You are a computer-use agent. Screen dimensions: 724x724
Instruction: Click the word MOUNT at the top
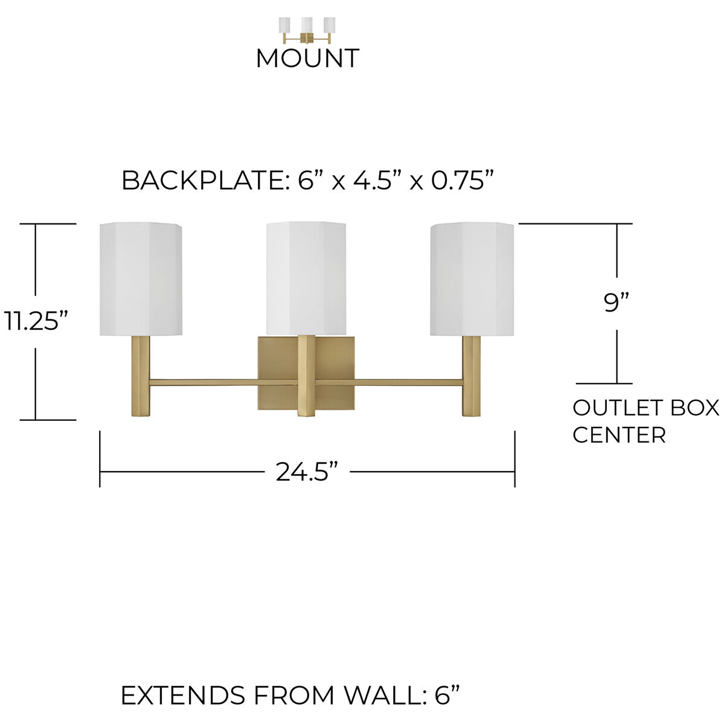tap(307, 58)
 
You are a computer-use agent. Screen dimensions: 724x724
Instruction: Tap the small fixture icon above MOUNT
tap(307, 30)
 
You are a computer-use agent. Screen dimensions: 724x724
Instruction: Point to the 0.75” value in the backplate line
tap(463, 180)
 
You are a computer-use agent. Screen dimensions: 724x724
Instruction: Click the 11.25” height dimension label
tap(36, 320)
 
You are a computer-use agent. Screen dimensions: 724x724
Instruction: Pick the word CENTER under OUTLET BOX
tap(619, 435)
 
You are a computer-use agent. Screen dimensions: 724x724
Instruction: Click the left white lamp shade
tap(141, 279)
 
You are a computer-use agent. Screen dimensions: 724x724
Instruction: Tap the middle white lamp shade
tap(306, 278)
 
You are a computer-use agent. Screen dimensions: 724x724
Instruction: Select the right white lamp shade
tap(472, 279)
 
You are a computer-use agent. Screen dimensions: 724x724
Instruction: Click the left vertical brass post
tap(140, 376)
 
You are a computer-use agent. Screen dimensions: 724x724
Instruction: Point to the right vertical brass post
tap(472, 376)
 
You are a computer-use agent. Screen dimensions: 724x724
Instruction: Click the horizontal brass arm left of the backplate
tap(203, 383)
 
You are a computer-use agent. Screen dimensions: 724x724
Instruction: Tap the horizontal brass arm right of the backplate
tap(409, 383)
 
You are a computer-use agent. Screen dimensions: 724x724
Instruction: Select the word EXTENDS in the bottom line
tap(183, 695)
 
